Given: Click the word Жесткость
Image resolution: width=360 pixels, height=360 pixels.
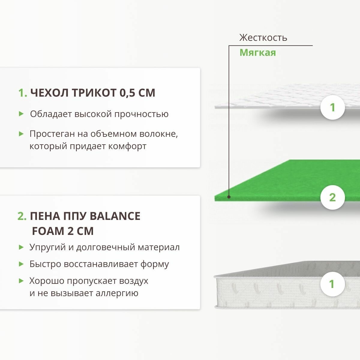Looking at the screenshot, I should point(263,38).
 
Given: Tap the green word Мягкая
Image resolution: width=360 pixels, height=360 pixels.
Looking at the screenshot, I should point(257,53).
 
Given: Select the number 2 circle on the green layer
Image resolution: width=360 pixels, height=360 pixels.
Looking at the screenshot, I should point(332,197).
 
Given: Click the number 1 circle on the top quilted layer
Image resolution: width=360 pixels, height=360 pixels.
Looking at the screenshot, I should point(332,107).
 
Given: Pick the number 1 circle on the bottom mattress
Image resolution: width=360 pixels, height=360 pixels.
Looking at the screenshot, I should point(332,284).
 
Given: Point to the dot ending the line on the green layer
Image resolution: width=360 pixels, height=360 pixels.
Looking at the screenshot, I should point(229,197).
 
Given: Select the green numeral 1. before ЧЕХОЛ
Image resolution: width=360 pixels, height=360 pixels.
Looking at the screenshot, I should point(23,93).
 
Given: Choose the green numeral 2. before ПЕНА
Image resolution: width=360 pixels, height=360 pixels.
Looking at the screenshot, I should point(22,216).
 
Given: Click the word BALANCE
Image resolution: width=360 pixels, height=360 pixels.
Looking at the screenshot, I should point(115,216).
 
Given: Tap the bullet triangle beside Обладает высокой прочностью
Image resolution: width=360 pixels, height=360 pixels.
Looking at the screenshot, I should point(21,114).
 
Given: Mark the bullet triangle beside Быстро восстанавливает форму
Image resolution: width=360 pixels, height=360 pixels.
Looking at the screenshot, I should point(21,264).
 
